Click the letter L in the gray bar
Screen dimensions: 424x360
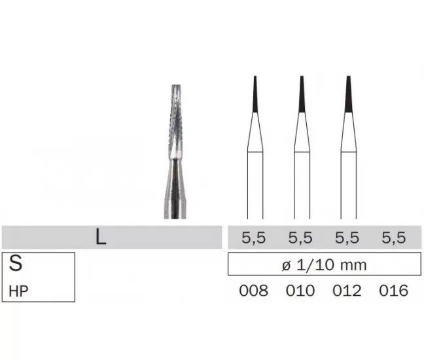101,237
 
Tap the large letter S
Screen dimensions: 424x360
16,263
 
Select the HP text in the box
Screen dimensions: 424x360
18,291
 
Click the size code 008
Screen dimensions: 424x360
254,291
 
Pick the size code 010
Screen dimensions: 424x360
300,291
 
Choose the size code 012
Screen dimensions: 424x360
347,291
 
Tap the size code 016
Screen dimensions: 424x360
393,291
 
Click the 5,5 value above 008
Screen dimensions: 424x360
254,238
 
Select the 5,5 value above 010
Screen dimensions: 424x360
300,238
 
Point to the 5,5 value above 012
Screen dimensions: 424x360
347,238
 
